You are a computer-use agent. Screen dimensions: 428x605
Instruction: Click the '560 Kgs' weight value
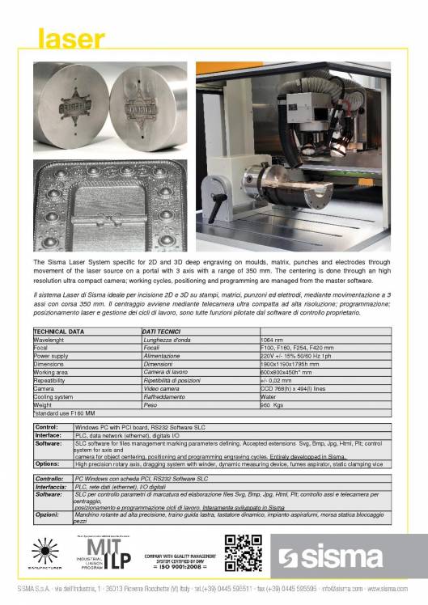pyautogui.click(x=273, y=404)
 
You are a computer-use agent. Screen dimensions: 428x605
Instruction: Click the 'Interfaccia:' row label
pyautogui.click(x=51, y=488)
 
